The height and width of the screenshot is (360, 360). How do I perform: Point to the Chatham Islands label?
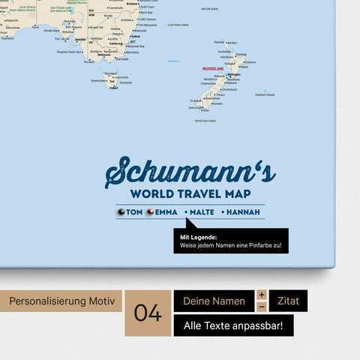click(265, 94)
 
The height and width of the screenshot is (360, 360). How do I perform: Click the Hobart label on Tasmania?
click(113, 88)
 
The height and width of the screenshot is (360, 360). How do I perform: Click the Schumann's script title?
click(190, 172)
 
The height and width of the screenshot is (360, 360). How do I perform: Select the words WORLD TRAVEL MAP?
click(190, 194)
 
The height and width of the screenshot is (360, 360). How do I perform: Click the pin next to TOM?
click(121, 212)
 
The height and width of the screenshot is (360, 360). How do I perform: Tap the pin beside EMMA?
click(149, 212)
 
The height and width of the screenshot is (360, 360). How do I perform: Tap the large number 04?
click(148, 313)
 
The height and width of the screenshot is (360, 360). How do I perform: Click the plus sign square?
click(262, 295)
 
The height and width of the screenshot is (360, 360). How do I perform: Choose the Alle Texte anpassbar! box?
click(233, 325)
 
